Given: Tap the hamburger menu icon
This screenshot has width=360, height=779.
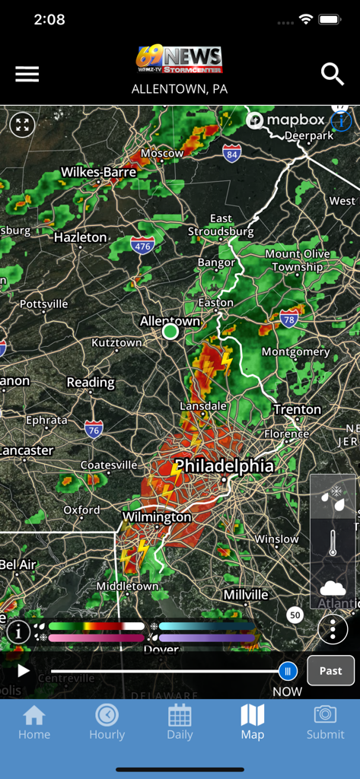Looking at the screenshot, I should click(x=27, y=74).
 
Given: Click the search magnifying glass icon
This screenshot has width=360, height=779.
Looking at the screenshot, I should click(x=333, y=74).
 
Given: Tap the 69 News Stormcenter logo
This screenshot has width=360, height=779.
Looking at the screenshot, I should click(x=180, y=59).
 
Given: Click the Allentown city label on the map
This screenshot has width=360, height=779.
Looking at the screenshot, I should click(x=170, y=321).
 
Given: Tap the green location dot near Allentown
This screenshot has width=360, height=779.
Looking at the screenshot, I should click(x=170, y=332).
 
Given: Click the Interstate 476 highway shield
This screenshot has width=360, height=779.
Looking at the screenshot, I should click(x=142, y=244).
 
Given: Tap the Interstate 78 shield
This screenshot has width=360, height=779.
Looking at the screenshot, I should click(x=289, y=317).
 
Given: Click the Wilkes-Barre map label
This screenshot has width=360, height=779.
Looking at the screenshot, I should click(x=98, y=172).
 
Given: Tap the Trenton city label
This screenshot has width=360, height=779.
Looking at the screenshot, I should click(x=297, y=409).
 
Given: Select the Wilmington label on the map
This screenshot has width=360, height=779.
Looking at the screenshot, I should click(x=157, y=517).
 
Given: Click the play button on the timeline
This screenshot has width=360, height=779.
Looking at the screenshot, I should click(x=24, y=671).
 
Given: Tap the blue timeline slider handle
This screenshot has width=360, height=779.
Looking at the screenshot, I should click(x=288, y=670).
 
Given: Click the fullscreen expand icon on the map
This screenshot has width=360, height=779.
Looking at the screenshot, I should click(x=23, y=125).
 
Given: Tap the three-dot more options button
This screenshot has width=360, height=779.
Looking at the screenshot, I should click(x=333, y=629).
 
